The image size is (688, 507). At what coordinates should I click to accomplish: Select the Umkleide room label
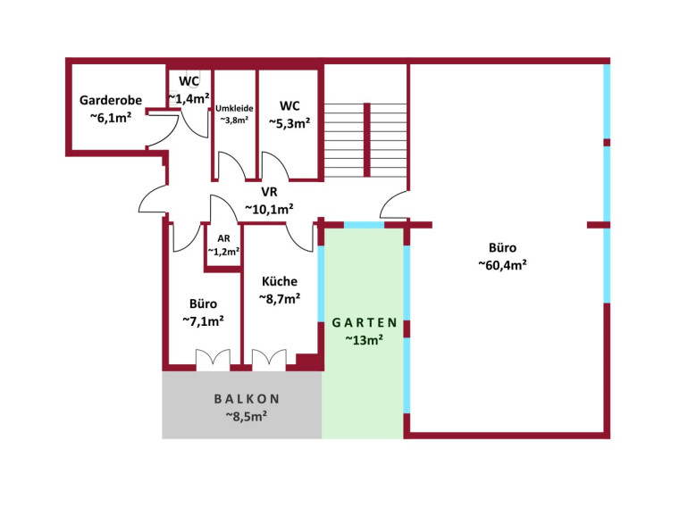click(234, 108)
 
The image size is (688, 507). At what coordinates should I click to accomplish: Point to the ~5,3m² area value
click(289, 123)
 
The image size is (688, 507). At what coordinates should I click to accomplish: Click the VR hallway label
click(269, 192)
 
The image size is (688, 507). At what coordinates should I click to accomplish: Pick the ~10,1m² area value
click(269, 209)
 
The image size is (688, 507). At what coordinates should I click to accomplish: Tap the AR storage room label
click(223, 238)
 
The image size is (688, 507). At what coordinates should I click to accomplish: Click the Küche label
click(279, 281)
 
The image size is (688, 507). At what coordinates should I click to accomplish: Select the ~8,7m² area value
click(279, 298)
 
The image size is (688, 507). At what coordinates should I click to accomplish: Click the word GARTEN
click(364, 322)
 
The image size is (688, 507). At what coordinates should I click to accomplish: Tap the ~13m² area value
click(364, 339)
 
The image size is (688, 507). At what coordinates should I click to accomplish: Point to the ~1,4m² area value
click(189, 98)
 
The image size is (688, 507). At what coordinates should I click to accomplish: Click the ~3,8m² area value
click(234, 120)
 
